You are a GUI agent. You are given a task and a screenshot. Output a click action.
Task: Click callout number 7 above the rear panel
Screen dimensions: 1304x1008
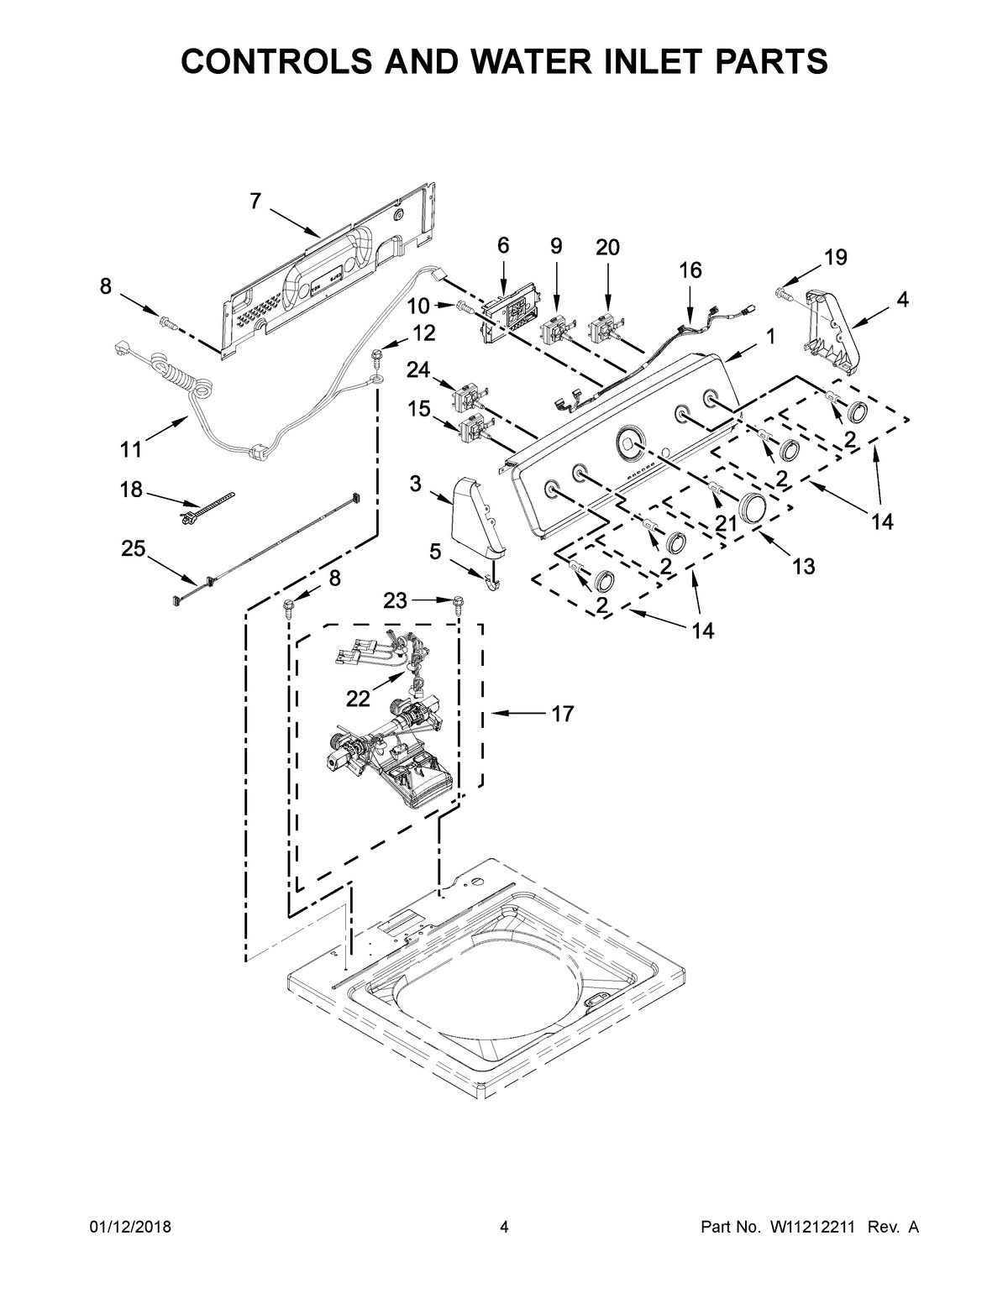(255, 201)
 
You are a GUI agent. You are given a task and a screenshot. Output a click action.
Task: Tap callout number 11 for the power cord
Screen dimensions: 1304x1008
(130, 449)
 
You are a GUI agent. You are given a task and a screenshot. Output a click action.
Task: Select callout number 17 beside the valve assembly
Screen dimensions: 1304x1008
(562, 714)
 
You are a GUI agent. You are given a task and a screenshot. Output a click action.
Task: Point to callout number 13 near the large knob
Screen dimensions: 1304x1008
(803, 567)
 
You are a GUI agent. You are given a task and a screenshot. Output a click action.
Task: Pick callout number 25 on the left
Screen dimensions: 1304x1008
(133, 548)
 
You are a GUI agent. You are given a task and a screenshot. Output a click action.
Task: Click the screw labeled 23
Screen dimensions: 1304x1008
(458, 604)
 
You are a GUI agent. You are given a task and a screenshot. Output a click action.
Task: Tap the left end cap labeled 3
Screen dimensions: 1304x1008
(475, 516)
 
